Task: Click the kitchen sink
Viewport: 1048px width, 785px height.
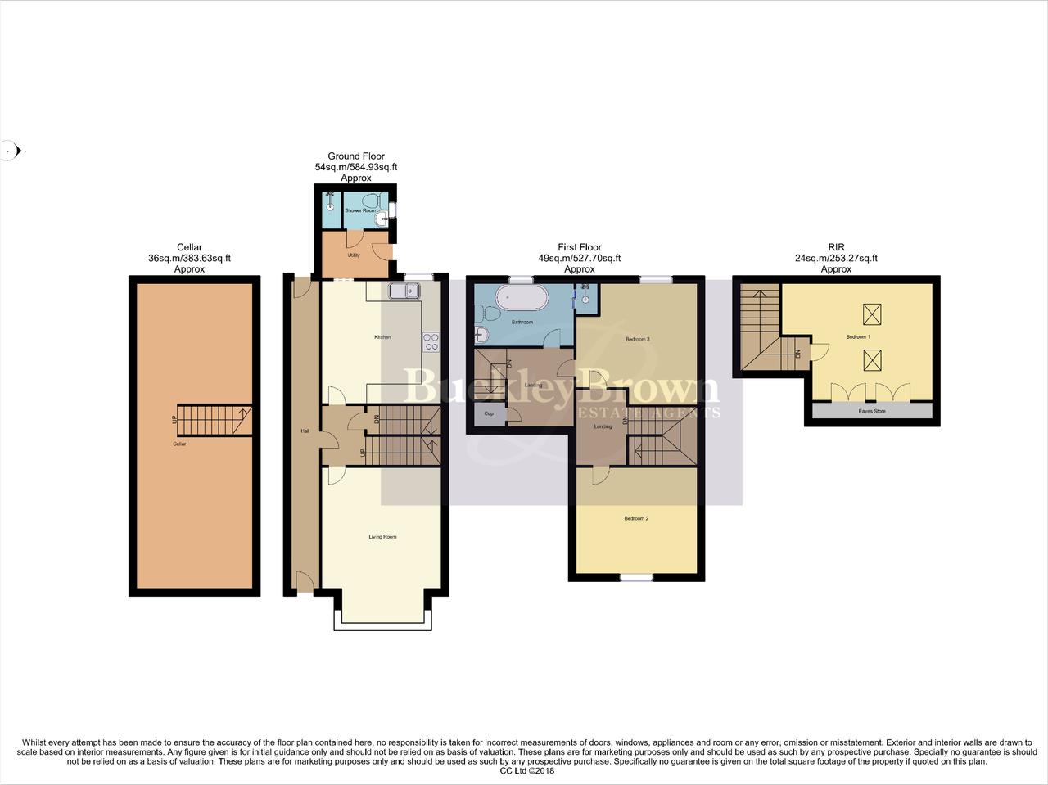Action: click(x=404, y=291)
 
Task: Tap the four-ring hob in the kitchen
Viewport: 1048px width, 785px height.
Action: click(x=431, y=342)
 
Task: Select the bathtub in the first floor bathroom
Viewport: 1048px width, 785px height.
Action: click(x=522, y=300)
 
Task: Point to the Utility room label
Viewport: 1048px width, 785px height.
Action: click(x=354, y=255)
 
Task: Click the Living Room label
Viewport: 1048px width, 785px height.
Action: click(x=382, y=537)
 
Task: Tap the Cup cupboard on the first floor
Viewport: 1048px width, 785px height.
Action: click(x=489, y=414)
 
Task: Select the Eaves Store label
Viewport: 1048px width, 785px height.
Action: click(x=871, y=411)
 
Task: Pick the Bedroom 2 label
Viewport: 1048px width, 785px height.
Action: click(x=636, y=518)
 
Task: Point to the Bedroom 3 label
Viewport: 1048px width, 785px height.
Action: click(x=637, y=339)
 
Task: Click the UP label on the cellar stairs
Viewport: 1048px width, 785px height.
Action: click(x=174, y=420)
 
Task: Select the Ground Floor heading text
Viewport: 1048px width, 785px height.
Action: click(x=356, y=156)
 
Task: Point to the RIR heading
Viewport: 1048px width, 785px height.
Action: click(x=836, y=247)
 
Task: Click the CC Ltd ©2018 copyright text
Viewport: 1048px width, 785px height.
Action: click(x=527, y=770)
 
